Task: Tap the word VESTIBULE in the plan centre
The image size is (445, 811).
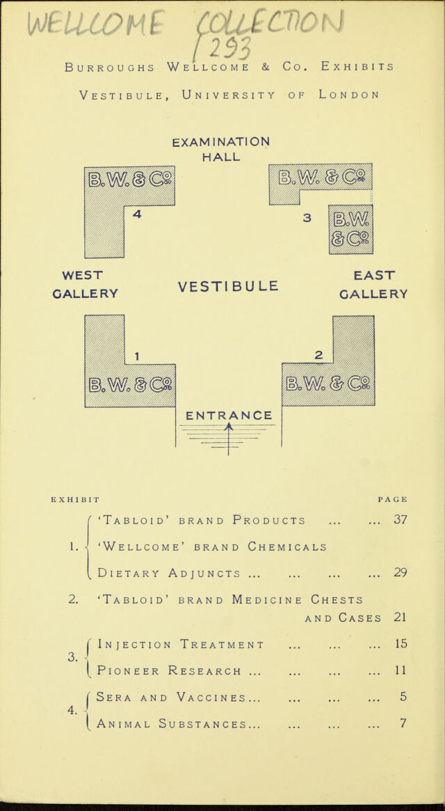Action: [x=228, y=285]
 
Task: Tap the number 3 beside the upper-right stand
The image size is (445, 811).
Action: [x=307, y=218]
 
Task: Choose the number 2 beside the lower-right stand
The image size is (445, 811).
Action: [x=319, y=355]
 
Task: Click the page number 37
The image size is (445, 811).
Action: [x=401, y=519]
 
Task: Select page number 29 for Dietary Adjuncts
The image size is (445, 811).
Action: [x=401, y=572]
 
